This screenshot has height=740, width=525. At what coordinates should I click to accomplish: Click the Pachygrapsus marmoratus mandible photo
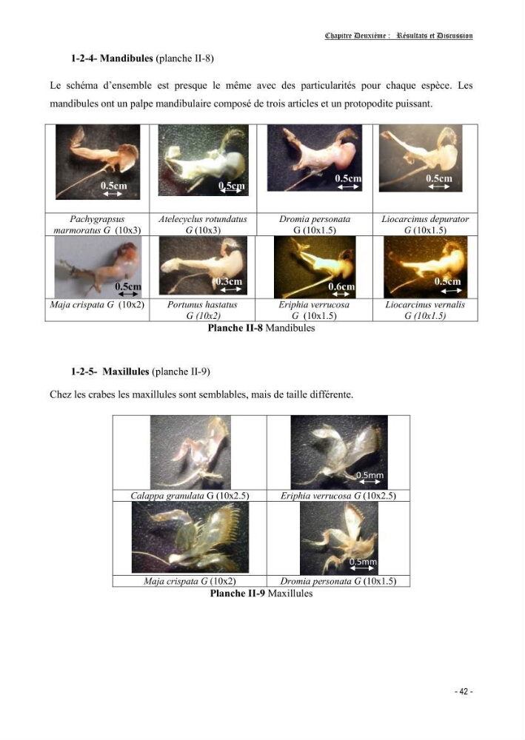pyautogui.click(x=98, y=162)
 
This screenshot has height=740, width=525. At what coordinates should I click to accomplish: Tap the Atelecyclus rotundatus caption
pyautogui.click(x=203, y=225)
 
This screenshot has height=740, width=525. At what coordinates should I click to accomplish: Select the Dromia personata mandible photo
pyautogui.click(x=315, y=158)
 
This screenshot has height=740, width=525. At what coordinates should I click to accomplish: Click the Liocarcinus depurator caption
pyautogui.click(x=425, y=225)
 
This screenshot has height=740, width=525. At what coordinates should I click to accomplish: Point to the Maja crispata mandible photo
pyautogui.click(x=98, y=267)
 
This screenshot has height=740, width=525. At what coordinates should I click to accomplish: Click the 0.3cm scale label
pyautogui.click(x=229, y=281)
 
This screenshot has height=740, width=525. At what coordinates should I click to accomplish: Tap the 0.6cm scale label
pyautogui.click(x=341, y=286)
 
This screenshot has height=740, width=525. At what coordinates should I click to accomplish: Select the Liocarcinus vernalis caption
pyautogui.click(x=425, y=310)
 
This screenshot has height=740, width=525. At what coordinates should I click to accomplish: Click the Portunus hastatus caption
pyautogui.click(x=203, y=310)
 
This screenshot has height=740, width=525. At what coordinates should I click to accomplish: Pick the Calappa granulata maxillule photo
pyautogui.click(x=190, y=452)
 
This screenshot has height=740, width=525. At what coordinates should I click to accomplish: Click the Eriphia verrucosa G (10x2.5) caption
pyautogui.click(x=338, y=496)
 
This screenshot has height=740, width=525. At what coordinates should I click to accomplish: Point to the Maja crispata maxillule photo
pyautogui.click(x=190, y=537)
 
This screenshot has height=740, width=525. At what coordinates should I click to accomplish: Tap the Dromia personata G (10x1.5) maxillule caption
pyautogui.click(x=338, y=581)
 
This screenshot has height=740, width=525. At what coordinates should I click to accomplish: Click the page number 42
pyautogui.click(x=464, y=691)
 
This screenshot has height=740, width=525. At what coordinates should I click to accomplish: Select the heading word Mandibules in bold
pyautogui.click(x=127, y=58)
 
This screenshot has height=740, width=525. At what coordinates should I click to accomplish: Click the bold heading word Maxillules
pyautogui.click(x=126, y=371)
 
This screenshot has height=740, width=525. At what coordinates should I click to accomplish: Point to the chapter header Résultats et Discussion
pyautogui.click(x=435, y=36)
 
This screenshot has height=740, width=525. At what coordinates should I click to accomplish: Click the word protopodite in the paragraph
pyautogui.click(x=367, y=104)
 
